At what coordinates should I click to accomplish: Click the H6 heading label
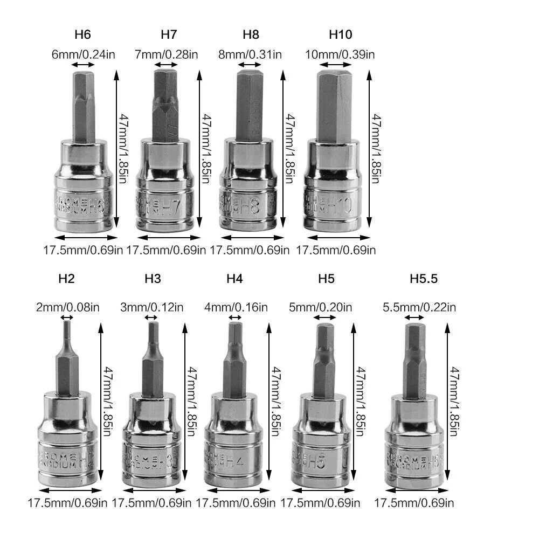coord(82,35)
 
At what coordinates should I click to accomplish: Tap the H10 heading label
coord(340,35)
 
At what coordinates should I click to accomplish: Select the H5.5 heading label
coord(423,279)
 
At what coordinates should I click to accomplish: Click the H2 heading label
coord(66,279)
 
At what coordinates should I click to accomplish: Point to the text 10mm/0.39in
coord(341,54)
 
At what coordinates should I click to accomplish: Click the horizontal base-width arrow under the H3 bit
coord(151,490)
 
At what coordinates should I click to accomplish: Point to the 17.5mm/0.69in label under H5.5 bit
coord(414,503)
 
